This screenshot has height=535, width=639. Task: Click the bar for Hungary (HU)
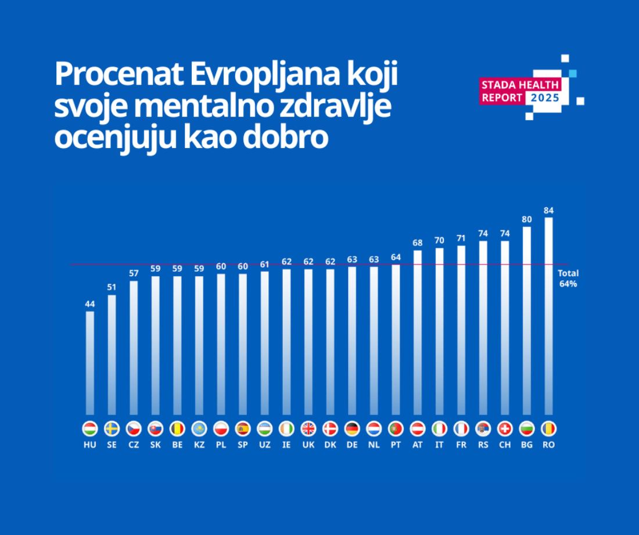pyautogui.click(x=89, y=363)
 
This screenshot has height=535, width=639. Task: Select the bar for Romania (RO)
pyautogui.click(x=548, y=316)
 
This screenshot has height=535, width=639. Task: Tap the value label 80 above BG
pyautogui.click(x=526, y=219)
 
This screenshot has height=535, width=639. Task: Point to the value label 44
pyautogui.click(x=89, y=304)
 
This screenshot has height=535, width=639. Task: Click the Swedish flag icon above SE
pyautogui.click(x=112, y=429)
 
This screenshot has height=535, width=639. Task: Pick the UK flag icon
pyautogui.click(x=308, y=429)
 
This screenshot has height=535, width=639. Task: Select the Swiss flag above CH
pyautogui.click(x=505, y=429)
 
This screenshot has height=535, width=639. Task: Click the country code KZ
pyautogui.click(x=199, y=444)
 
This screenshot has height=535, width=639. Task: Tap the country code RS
pyautogui.click(x=483, y=444)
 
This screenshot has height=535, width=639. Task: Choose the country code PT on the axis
pyautogui.click(x=396, y=444)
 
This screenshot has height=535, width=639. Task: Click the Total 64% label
pyautogui.click(x=568, y=279)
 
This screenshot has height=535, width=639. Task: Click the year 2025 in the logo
pyautogui.click(x=545, y=98)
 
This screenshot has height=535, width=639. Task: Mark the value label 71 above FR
pyautogui.click(x=461, y=238)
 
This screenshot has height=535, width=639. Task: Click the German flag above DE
pyautogui.click(x=351, y=429)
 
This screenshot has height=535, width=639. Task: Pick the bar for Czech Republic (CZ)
pyautogui.click(x=133, y=348)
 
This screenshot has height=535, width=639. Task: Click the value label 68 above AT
pyautogui.click(x=417, y=243)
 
